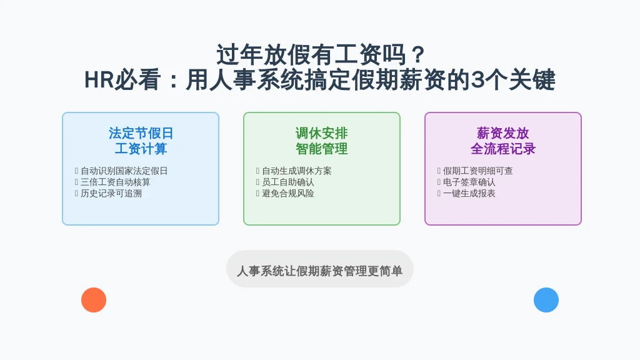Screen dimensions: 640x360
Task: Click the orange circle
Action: (94, 300)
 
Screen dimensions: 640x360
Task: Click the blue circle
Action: (546, 300)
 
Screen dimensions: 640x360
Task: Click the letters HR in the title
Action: (99, 79)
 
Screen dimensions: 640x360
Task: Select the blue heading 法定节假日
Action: (141, 133)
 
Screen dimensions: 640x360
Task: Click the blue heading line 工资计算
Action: (141, 149)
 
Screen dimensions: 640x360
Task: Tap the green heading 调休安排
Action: (322, 133)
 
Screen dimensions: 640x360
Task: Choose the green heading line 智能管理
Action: (322, 149)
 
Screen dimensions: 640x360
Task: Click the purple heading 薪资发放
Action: (503, 133)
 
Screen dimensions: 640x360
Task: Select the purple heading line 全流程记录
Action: (503, 149)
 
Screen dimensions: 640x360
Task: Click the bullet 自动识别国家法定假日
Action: (124, 171)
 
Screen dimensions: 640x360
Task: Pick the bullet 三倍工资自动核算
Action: (116, 182)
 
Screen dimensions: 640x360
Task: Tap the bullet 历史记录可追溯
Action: (111, 194)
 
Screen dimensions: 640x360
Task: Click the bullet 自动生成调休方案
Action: (297, 171)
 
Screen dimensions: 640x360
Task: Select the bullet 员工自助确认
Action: (287, 182)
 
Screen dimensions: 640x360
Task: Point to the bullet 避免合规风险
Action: (287, 194)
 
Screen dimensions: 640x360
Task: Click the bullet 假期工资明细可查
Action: (478, 171)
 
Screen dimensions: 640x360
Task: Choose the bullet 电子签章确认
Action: (469, 182)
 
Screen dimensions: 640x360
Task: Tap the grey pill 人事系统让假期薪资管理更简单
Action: (320, 269)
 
